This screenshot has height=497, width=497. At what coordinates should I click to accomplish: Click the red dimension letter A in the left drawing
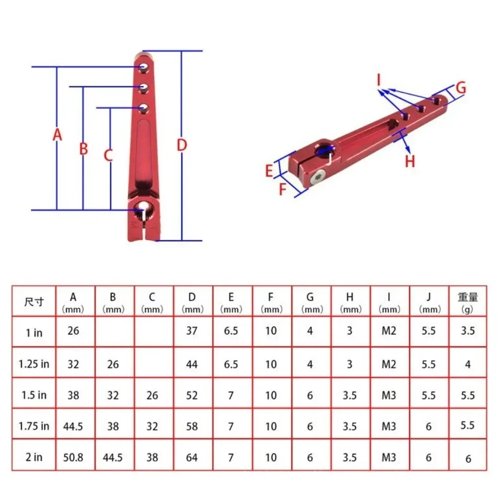pos(58,135)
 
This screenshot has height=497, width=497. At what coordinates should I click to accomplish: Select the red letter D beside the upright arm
pos(182,145)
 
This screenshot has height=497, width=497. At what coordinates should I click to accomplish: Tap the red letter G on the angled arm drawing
pos(461,88)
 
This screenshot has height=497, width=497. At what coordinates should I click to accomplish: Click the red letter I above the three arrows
pos(379,79)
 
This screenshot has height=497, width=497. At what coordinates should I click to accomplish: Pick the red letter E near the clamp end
pos(269,171)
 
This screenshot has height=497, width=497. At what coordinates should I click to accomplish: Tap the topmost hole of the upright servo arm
pos(144,66)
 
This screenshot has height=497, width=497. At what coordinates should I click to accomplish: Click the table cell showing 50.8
pos(74,457)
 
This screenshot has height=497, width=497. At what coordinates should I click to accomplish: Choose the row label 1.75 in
pos(34,426)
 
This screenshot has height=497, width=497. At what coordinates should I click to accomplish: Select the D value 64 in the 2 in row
pos(192,457)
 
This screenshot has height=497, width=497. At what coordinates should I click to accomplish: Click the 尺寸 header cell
pos(34,302)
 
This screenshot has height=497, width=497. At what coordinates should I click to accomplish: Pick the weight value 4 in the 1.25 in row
pos(468,364)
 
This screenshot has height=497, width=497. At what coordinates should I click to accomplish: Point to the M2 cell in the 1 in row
pos(389,331)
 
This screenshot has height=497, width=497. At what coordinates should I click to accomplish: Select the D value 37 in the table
pos(192,331)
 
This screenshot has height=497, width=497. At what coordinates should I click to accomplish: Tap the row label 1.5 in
pos(34,395)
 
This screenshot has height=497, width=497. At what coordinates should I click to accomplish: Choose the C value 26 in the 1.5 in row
pos(152,395)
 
